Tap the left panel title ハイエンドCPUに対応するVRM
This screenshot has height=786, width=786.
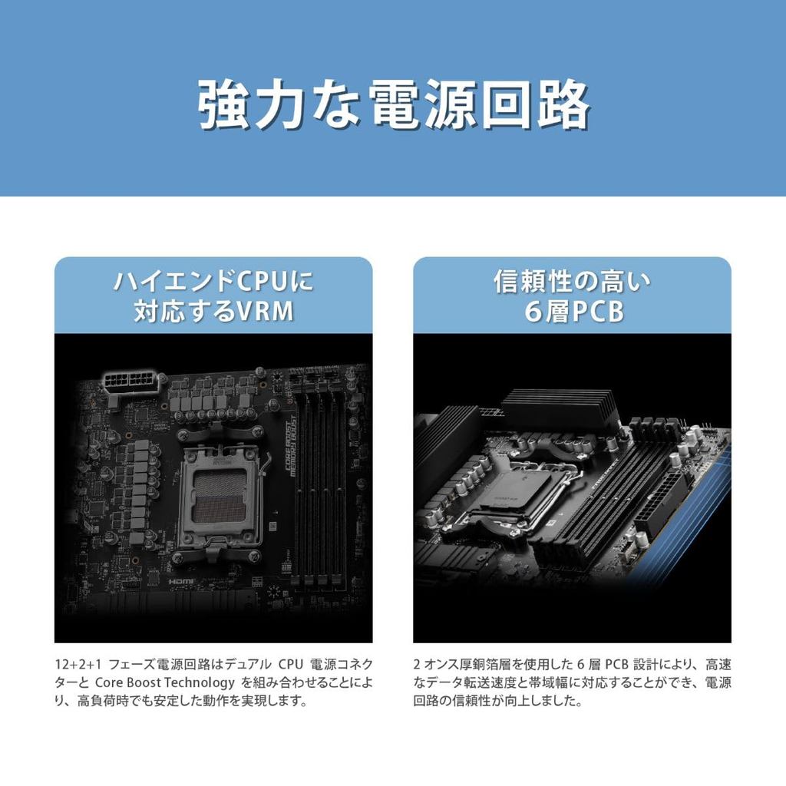click(x=214, y=296)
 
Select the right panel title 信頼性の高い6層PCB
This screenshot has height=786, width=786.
click(x=573, y=296)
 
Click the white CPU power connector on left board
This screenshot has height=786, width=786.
click(x=130, y=383)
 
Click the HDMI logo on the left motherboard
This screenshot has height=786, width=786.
click(x=181, y=582)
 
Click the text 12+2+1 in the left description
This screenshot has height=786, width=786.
click(x=78, y=665)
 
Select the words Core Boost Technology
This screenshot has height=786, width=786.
click(x=165, y=682)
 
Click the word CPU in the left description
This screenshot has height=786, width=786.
click(x=291, y=665)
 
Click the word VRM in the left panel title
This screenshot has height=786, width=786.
click(x=265, y=311)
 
